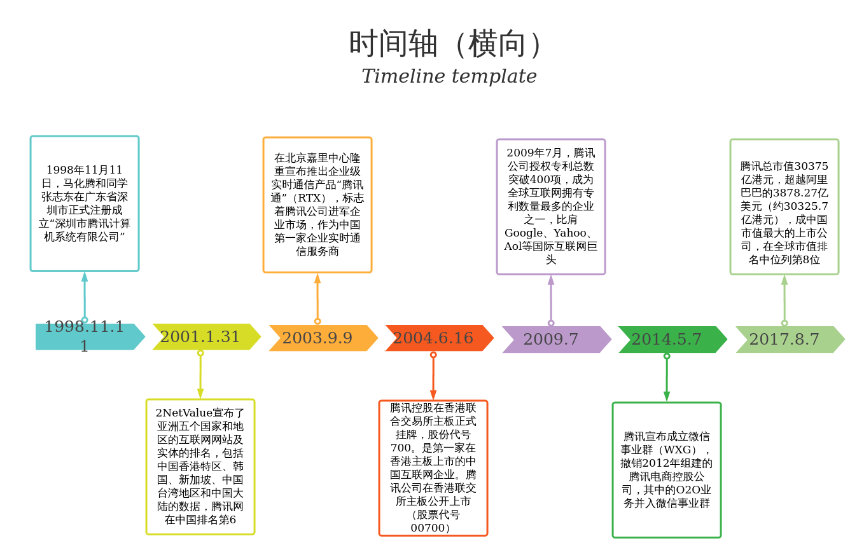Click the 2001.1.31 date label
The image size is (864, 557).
click(200, 336)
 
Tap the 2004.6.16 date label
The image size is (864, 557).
click(433, 338)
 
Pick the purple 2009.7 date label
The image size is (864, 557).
click(551, 339)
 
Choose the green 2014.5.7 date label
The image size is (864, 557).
click(666, 339)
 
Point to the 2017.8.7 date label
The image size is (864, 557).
click(784, 339)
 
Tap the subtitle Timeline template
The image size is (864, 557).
click(449, 76)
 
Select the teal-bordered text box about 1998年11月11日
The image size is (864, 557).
click(85, 203)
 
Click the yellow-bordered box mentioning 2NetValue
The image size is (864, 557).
click(200, 466)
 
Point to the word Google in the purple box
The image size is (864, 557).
click(523, 233)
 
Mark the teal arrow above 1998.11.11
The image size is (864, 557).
click(85, 296)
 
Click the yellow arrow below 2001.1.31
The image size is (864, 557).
click(200, 375)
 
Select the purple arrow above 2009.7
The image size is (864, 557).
click(551, 299)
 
